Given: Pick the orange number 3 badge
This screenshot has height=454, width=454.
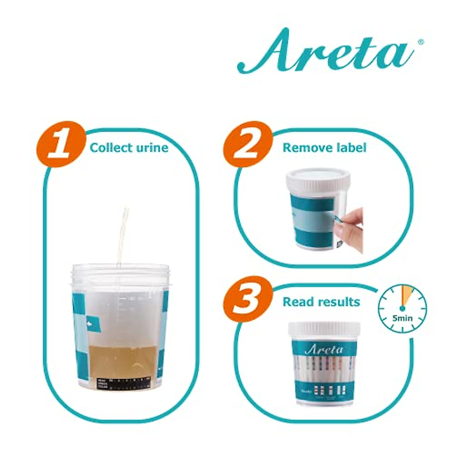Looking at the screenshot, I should [x=248, y=300].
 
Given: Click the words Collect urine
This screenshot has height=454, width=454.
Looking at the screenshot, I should [x=129, y=148].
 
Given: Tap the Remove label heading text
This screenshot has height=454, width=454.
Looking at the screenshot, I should [x=324, y=148].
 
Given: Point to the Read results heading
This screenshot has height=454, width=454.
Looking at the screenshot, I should [x=321, y=302].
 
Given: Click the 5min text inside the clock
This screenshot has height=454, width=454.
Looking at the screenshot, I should [x=403, y=318].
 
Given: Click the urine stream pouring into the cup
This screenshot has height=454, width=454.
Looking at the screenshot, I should [x=122, y=235].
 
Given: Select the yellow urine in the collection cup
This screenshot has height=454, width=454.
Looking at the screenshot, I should [x=123, y=359].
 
